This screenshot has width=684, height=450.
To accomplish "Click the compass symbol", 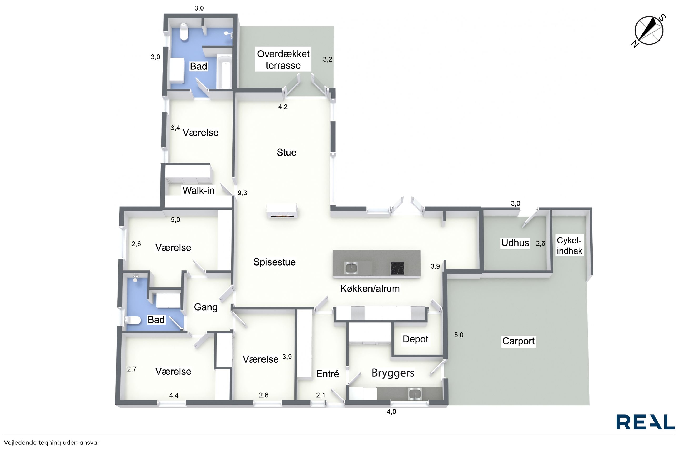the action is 649,31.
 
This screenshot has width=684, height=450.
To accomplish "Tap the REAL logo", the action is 646,422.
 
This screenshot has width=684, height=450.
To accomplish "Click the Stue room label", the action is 286,152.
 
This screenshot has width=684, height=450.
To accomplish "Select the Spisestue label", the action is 274,262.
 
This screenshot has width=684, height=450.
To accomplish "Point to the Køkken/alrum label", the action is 370,288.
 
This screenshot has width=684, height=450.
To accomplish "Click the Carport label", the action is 518,341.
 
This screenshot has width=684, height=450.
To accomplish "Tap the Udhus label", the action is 515,243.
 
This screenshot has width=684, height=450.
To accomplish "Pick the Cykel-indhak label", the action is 569,246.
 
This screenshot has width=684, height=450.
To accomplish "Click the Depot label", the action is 415,339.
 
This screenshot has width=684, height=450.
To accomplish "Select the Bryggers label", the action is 393,373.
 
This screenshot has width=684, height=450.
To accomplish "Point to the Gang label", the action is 205,307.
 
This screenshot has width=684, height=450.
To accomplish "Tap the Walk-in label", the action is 198,190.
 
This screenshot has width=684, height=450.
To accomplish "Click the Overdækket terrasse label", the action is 283,59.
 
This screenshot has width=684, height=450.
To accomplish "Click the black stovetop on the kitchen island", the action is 397,269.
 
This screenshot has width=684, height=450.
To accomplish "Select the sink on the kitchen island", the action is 351,268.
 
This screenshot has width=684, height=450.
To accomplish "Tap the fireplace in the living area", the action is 282,211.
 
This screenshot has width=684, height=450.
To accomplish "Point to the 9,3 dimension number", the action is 242,193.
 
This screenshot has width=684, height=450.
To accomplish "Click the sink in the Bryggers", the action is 415,394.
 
